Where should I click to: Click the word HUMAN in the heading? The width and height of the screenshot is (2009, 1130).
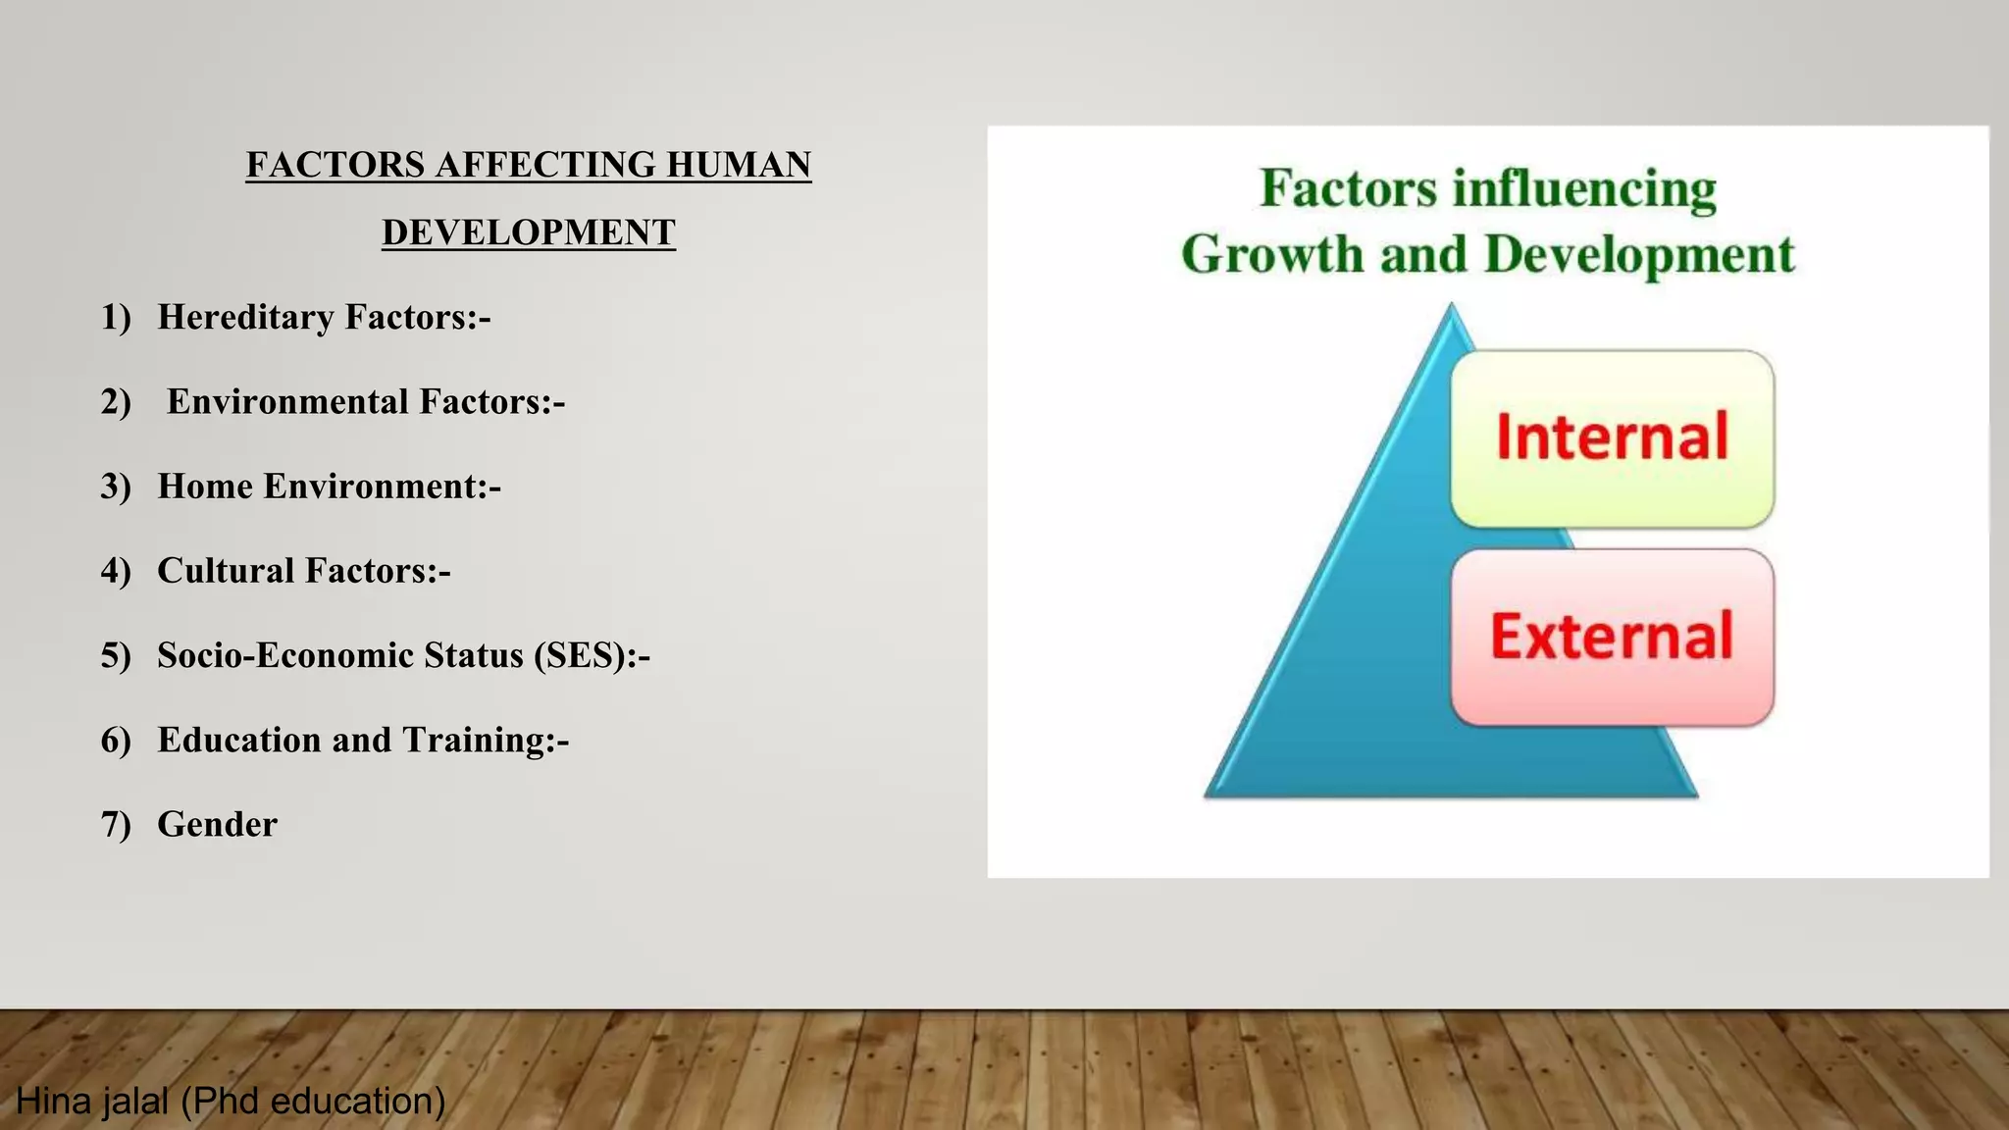pyautogui.click(x=738, y=165)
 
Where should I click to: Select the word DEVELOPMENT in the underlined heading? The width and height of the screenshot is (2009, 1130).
pyautogui.click(x=529, y=232)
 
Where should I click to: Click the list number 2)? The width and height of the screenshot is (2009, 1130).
pyautogui.click(x=116, y=402)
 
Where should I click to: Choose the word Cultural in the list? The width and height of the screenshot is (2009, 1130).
pyautogui.click(x=226, y=571)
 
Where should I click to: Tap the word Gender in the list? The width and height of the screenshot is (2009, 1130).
pyautogui.click(x=217, y=824)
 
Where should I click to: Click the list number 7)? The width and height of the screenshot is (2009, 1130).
pyautogui.click(x=116, y=824)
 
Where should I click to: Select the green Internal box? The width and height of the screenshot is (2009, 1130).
pyautogui.click(x=1612, y=438)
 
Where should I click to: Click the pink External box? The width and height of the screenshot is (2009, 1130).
pyautogui.click(x=1612, y=637)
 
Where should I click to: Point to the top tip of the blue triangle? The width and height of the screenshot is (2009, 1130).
pyautogui.click(x=1452, y=307)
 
